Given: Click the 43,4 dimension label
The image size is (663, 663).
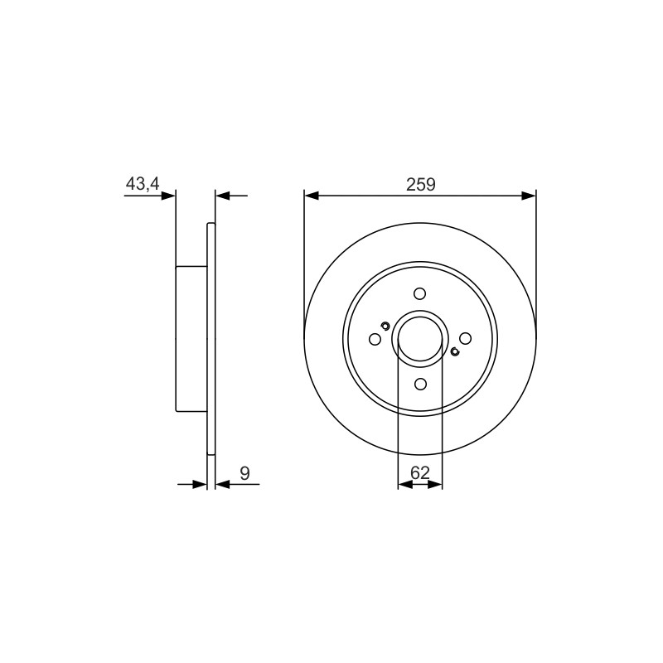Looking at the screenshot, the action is pyautogui.click(x=143, y=183).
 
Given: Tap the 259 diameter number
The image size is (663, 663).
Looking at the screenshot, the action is pyautogui.click(x=421, y=184).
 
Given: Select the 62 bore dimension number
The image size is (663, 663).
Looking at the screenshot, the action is pyautogui.click(x=420, y=472).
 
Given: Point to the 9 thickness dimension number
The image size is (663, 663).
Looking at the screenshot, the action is pyautogui.click(x=244, y=473).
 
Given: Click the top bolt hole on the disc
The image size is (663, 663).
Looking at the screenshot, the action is pyautogui.click(x=420, y=293).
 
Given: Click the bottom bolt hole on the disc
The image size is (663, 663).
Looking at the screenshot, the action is pyautogui.click(x=420, y=384).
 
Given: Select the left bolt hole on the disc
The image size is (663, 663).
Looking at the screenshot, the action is pyautogui.click(x=375, y=339).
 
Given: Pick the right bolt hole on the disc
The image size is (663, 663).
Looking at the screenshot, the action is pyautogui.click(x=465, y=338).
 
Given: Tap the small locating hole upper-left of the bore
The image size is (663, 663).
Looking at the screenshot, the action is pyautogui.click(x=385, y=325).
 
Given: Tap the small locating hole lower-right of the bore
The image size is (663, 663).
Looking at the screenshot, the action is pyautogui.click(x=455, y=351).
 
